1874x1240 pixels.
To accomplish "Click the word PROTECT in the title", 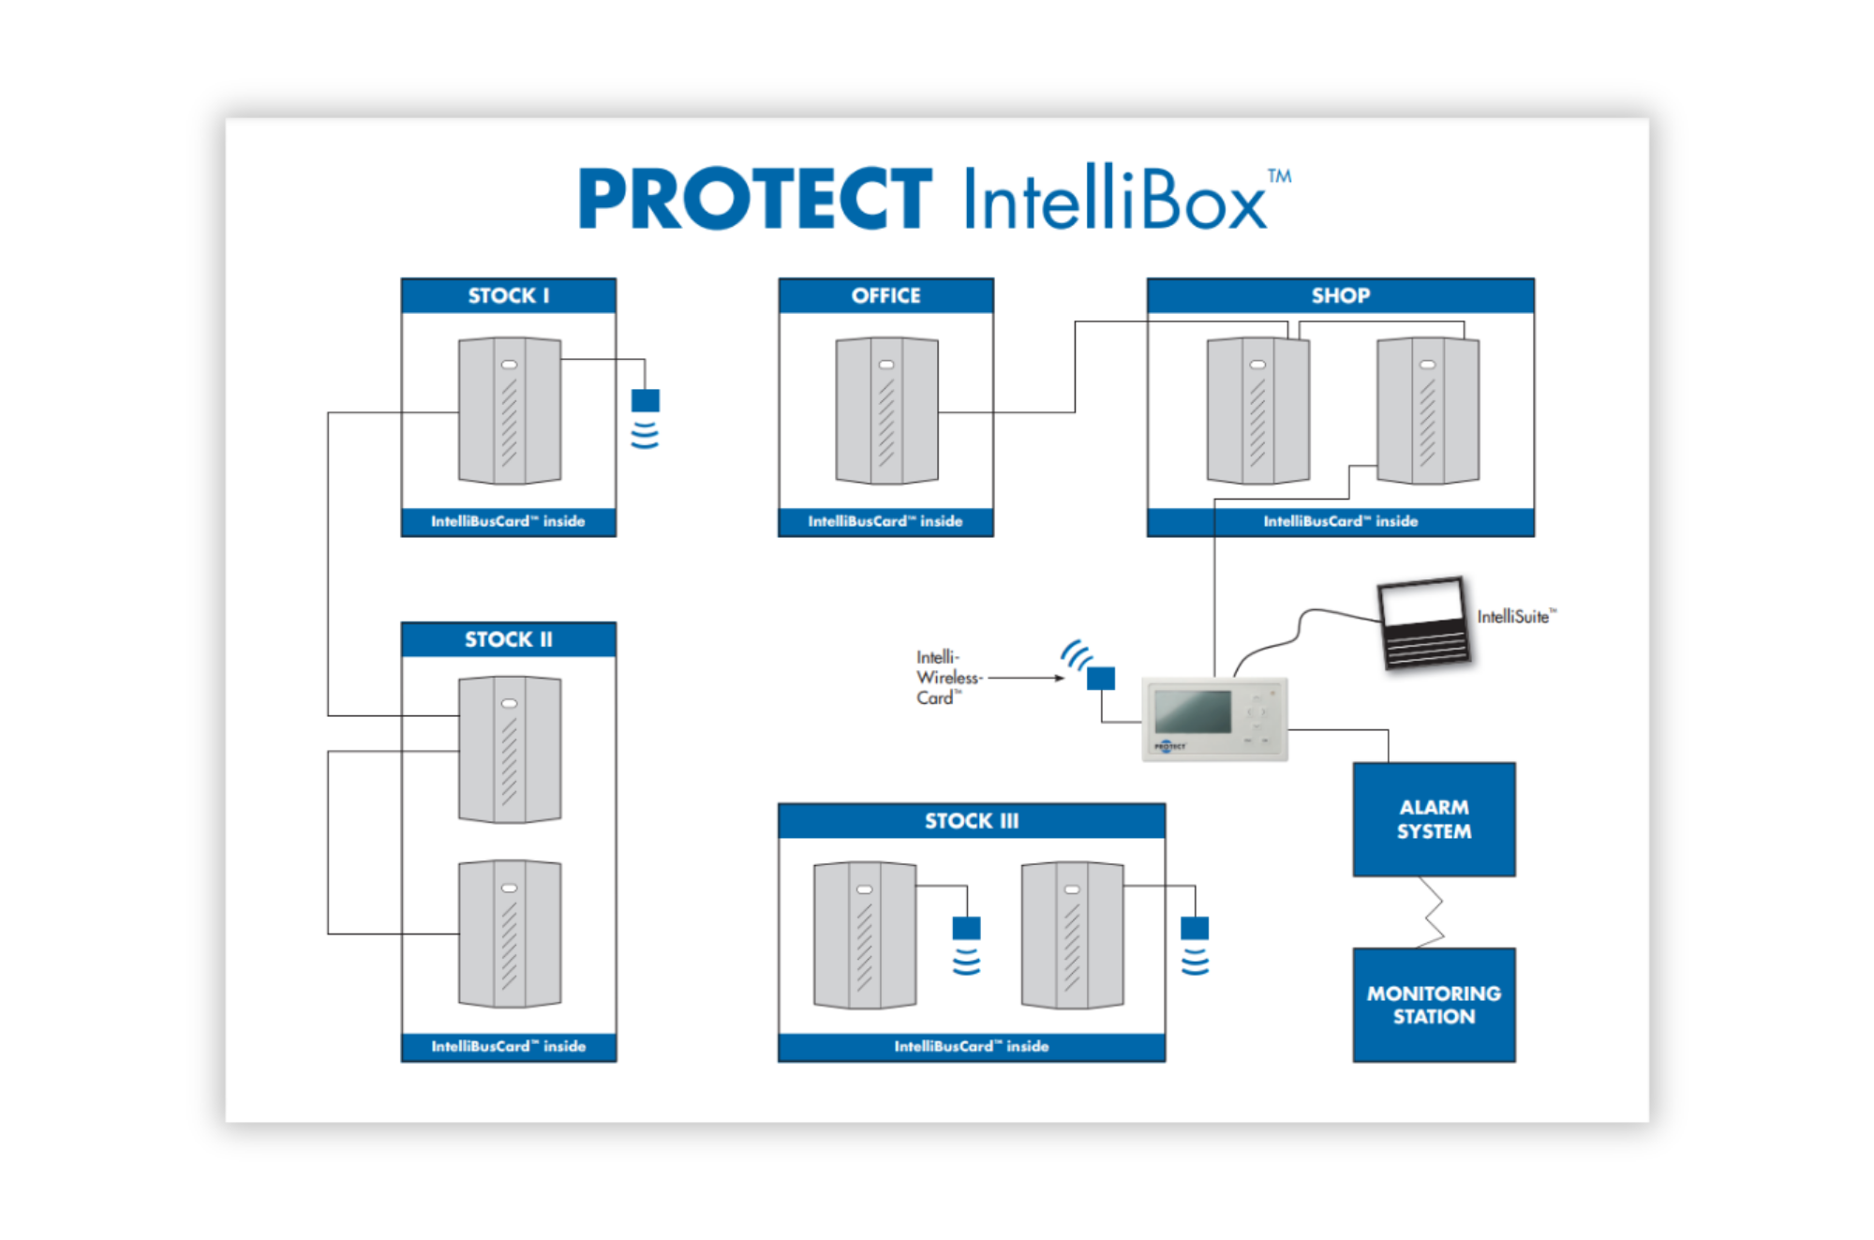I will (755, 199).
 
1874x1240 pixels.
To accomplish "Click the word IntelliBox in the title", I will (1115, 199).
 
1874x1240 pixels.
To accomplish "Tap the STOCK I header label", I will (509, 296).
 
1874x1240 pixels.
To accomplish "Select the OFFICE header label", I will (885, 296).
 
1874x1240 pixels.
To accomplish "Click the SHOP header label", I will (1340, 296).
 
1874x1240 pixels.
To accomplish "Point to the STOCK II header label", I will (509, 639).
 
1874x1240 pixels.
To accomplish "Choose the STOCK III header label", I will (972, 821).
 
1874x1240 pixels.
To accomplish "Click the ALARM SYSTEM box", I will (1434, 819).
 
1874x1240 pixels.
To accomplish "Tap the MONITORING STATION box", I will (1434, 1005).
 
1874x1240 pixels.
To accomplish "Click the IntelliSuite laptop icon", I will (1423, 622).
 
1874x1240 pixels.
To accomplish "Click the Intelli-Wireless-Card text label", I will (946, 678).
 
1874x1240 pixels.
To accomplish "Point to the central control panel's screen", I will (1193, 711).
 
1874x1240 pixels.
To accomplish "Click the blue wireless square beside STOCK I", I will (646, 401).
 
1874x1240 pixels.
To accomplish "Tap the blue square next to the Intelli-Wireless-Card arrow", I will (1101, 679).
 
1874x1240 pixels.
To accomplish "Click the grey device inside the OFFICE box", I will (886, 411).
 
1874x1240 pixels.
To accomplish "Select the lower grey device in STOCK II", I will (510, 934).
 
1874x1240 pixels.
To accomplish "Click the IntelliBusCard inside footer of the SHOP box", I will (1340, 521).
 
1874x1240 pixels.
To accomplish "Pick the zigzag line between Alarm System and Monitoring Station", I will (1432, 912).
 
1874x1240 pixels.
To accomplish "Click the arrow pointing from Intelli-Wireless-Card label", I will (1027, 678).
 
